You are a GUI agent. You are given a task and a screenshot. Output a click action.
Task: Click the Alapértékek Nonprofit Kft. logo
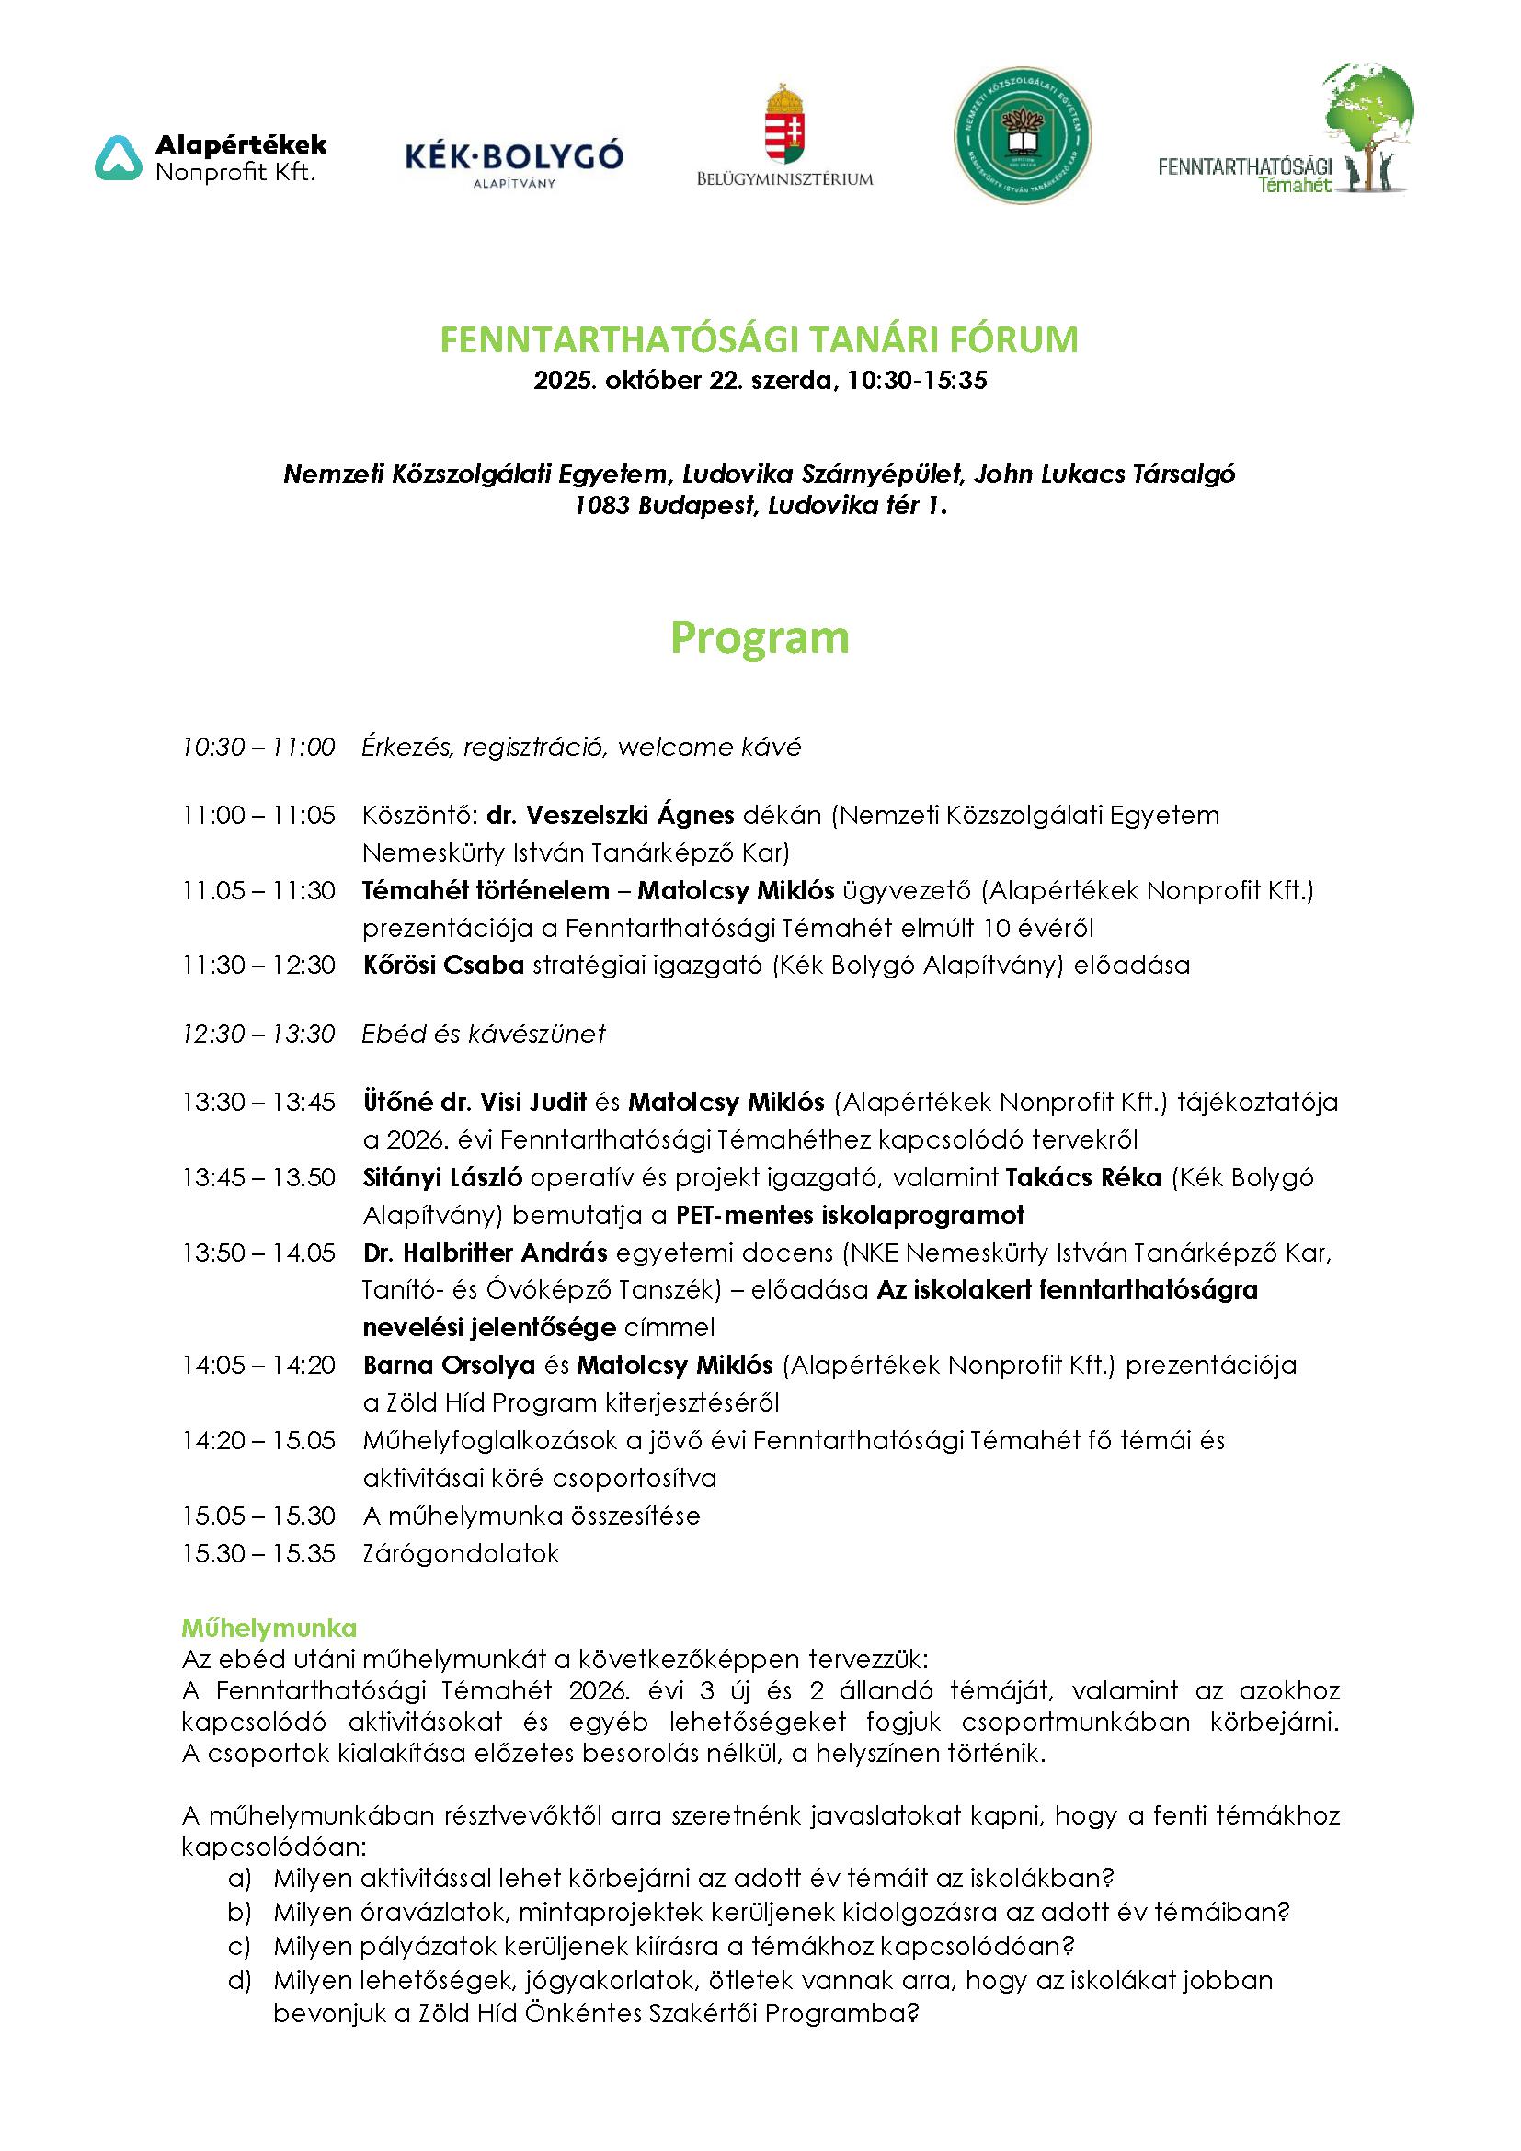click(212, 158)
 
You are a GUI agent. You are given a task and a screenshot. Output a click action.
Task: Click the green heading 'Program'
click(760, 638)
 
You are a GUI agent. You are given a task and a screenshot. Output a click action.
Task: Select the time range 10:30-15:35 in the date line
click(917, 382)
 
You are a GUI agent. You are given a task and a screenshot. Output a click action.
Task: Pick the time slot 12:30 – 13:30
click(258, 1034)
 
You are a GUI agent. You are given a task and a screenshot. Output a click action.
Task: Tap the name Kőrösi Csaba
click(443, 965)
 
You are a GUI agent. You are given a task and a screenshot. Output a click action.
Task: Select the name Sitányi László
click(441, 1178)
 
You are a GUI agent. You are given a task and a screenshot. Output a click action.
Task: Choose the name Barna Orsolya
click(449, 1365)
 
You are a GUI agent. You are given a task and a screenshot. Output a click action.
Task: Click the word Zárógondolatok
click(461, 1553)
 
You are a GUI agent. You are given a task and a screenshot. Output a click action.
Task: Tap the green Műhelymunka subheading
click(269, 1625)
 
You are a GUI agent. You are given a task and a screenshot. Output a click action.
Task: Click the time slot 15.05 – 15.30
click(258, 1516)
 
